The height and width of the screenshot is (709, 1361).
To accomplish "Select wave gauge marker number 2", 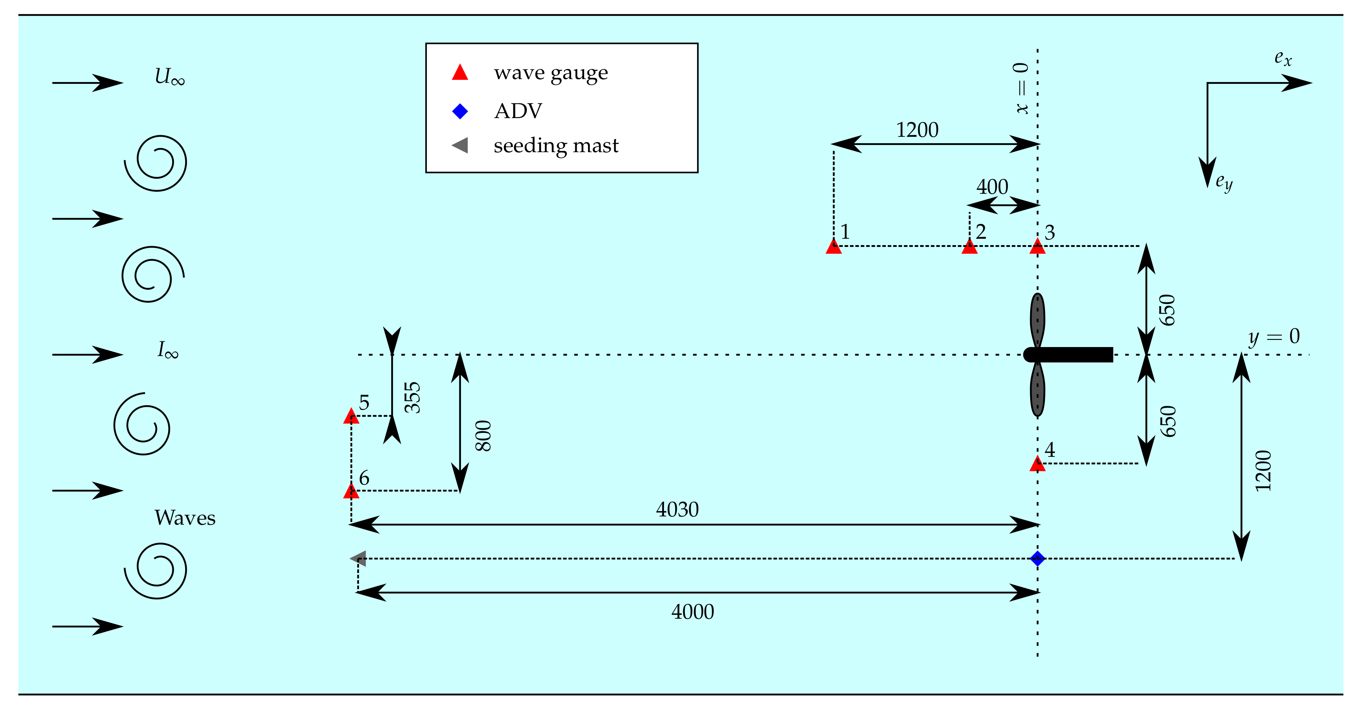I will tap(969, 247).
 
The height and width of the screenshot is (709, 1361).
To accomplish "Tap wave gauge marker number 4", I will tap(1037, 464).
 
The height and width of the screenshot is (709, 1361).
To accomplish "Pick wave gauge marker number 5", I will tap(351, 417).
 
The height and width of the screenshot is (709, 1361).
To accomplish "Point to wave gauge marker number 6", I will tap(351, 492).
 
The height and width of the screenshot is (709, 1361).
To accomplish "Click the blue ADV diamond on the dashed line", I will tap(1037, 558).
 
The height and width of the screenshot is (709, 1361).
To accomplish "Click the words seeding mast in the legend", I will tap(556, 145).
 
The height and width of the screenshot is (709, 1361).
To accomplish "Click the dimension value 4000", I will tap(692, 612).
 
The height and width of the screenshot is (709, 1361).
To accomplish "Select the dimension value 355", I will tap(413, 397).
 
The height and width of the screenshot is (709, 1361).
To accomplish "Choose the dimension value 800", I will tap(483, 436).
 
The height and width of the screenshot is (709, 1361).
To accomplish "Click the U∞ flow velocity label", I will tap(169, 77).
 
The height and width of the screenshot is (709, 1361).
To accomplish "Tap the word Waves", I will tap(185, 518).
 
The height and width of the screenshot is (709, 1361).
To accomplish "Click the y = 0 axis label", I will tap(1273, 337).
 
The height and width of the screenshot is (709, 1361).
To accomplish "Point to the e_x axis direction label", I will tap(1283, 58).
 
